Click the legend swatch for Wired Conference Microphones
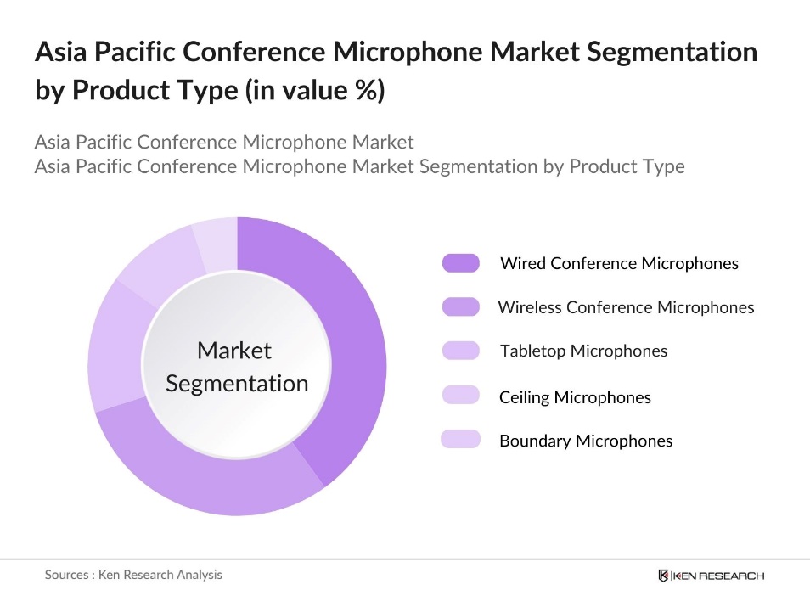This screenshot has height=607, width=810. click(460, 263)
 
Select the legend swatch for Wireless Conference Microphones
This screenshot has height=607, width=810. click(460, 307)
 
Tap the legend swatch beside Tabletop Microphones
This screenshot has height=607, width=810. click(460, 351)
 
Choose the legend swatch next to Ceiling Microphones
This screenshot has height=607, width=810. click(460, 396)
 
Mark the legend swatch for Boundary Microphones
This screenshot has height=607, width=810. click(460, 440)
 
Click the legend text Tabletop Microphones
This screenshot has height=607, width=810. click(583, 351)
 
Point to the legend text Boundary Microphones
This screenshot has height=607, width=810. click(586, 441)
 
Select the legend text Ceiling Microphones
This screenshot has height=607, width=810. click(575, 396)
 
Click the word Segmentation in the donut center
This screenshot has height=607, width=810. click(237, 384)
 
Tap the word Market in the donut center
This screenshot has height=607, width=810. click(234, 351)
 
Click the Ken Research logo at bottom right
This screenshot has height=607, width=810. click(711, 576)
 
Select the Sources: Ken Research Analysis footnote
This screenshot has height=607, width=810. click(133, 575)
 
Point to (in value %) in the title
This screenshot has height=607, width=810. click(314, 91)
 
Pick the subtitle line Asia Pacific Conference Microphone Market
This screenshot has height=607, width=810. click(224, 141)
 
